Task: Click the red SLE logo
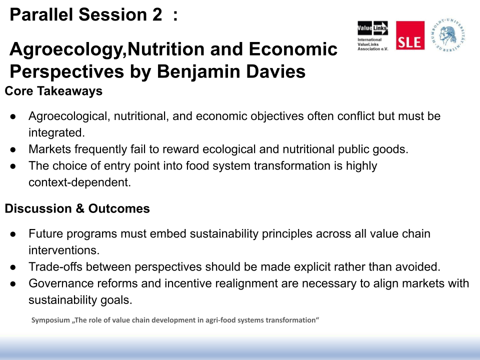point(410,35)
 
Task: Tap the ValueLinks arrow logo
point(372,28)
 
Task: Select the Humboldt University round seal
point(448,34)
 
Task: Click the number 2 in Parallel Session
point(157,14)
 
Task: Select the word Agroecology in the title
point(66,50)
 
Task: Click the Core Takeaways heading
point(53,91)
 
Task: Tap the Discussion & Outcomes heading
point(77,208)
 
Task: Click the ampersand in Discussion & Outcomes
point(80,208)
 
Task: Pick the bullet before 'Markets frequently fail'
point(13,149)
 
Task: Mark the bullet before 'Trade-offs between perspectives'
point(13,267)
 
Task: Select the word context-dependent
point(79,182)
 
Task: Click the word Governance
point(61,283)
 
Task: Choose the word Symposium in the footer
point(50,320)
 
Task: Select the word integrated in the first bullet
point(56,133)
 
